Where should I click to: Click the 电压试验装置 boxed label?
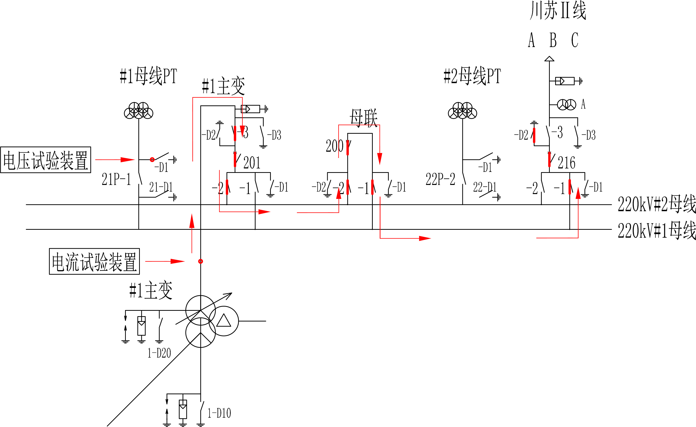click(46, 160)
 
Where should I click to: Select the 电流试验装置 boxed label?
click(94, 262)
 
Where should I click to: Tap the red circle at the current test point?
click(201, 262)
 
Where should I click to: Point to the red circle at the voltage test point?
click(152, 160)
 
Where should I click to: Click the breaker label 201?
click(252, 163)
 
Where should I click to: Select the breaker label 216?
click(566, 163)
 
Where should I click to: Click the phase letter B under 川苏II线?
click(553, 40)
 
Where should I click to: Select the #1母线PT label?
click(148, 76)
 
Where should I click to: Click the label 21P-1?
click(116, 180)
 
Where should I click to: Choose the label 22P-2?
click(440, 180)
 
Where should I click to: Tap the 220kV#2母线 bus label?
click(656, 204)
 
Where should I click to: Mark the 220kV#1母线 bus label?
click(656, 230)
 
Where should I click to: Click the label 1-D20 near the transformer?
click(159, 353)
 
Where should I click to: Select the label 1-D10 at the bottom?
click(219, 413)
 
